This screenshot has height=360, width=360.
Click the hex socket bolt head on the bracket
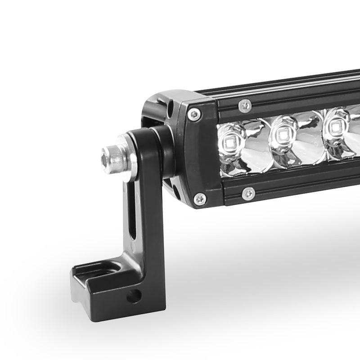pos(110,158)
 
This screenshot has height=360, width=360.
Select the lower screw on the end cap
pos(199,198)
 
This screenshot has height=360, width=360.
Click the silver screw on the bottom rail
pos(248,193)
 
